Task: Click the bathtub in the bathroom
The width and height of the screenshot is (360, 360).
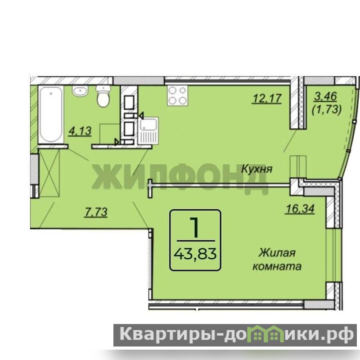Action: (51, 114)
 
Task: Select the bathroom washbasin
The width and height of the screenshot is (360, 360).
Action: (81, 90)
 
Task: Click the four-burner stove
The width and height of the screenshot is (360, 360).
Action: (177, 95)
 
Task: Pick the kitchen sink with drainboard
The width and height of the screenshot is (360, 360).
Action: (148, 131)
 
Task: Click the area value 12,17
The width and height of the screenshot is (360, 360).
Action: (267, 99)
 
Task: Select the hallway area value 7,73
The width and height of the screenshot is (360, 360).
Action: (96, 212)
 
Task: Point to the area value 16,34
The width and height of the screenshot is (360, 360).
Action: (299, 209)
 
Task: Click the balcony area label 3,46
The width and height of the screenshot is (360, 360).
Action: (325, 96)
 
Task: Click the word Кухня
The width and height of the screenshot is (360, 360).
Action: (257, 170)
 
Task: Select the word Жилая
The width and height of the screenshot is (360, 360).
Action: (277, 253)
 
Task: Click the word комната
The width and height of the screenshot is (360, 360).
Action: (277, 266)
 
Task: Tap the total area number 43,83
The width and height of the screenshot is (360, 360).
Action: (195, 254)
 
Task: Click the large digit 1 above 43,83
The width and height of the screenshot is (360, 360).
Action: (195, 227)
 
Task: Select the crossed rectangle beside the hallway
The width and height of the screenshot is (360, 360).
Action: (49, 173)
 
